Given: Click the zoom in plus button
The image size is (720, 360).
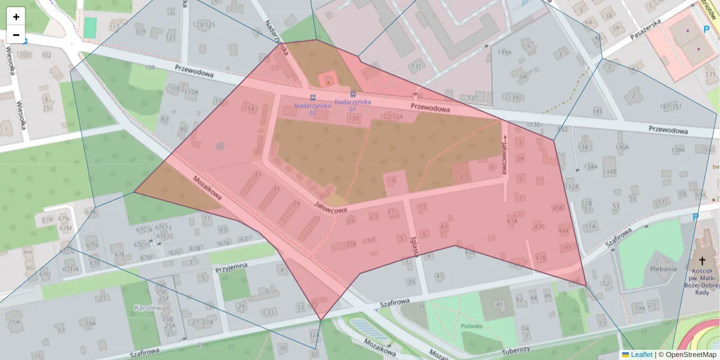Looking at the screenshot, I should [16, 16].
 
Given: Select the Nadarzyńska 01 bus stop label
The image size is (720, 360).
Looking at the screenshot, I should [353, 105].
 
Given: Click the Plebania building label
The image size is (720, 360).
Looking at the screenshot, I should [663, 269].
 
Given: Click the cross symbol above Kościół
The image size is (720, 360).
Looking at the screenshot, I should [701, 261].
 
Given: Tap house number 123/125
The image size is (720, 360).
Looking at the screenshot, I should [203, 25].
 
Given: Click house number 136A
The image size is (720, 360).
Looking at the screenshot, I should [622, 147].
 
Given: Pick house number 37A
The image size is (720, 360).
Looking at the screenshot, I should [351, 244].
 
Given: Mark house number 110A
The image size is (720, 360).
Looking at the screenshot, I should [191, 92].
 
